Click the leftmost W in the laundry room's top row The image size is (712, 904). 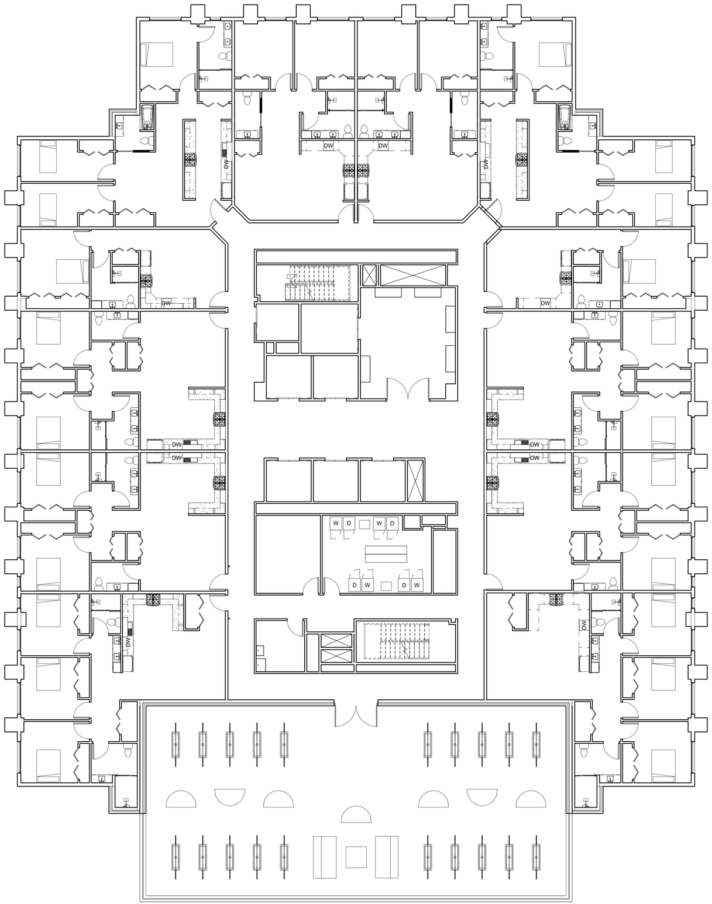336,522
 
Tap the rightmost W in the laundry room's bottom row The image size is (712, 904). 417,585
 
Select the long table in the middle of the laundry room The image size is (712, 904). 386,553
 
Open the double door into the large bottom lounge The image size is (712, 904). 356,714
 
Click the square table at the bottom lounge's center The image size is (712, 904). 356,857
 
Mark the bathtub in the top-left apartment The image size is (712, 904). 147,117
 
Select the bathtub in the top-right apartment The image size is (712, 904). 565,117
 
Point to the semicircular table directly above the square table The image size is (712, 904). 356,814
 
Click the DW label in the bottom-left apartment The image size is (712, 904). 128,642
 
